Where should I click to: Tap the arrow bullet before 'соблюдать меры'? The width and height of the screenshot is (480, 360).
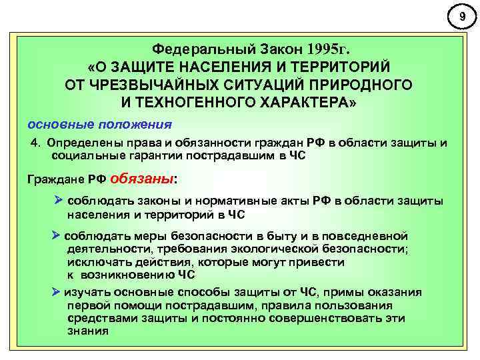point(56,236)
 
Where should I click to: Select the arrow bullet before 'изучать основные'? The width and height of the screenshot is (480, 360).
point(56,292)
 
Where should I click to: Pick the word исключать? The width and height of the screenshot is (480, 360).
point(94,262)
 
